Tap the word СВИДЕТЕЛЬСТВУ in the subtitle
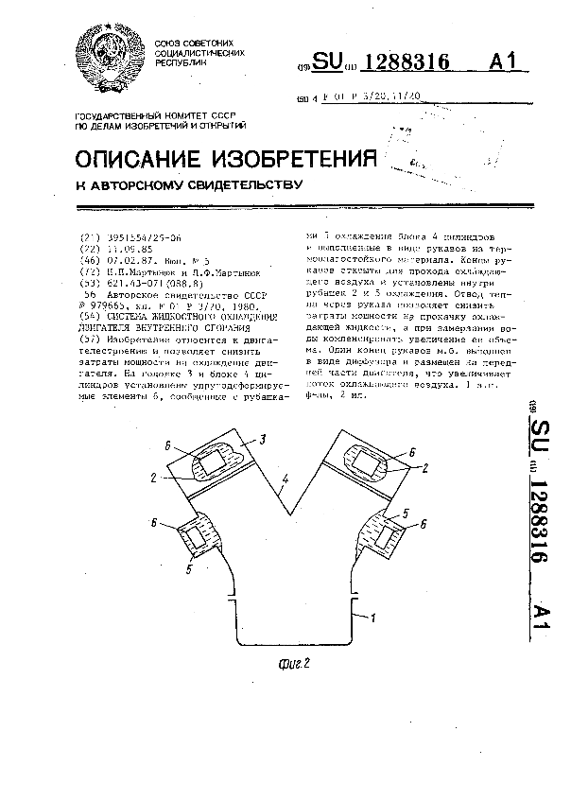(234, 185)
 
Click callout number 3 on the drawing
(264, 440)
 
